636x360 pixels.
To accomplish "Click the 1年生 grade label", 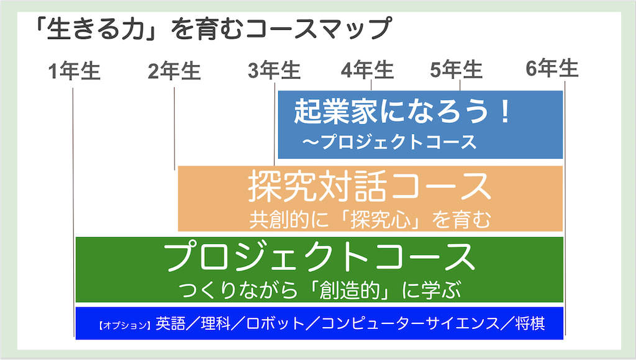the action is [x=74, y=71].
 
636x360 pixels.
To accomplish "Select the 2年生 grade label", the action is [x=175, y=71].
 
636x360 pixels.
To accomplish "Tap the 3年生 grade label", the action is [x=274, y=70].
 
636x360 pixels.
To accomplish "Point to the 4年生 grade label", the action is [x=368, y=70].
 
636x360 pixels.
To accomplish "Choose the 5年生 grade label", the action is [x=457, y=70].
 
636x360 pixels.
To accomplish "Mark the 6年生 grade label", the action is [x=552, y=68].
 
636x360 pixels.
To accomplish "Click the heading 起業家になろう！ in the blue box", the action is [x=402, y=111].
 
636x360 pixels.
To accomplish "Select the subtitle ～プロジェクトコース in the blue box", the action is [x=389, y=142].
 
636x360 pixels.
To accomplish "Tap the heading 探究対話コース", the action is [x=370, y=186].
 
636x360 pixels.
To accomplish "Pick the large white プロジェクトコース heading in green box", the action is [x=319, y=257].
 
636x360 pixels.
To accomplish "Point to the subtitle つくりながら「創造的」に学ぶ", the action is [x=320, y=290].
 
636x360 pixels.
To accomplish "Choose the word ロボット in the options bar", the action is [x=275, y=323].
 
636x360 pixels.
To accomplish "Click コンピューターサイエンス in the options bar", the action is [x=411, y=323].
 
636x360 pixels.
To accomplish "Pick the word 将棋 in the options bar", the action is [x=530, y=323].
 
